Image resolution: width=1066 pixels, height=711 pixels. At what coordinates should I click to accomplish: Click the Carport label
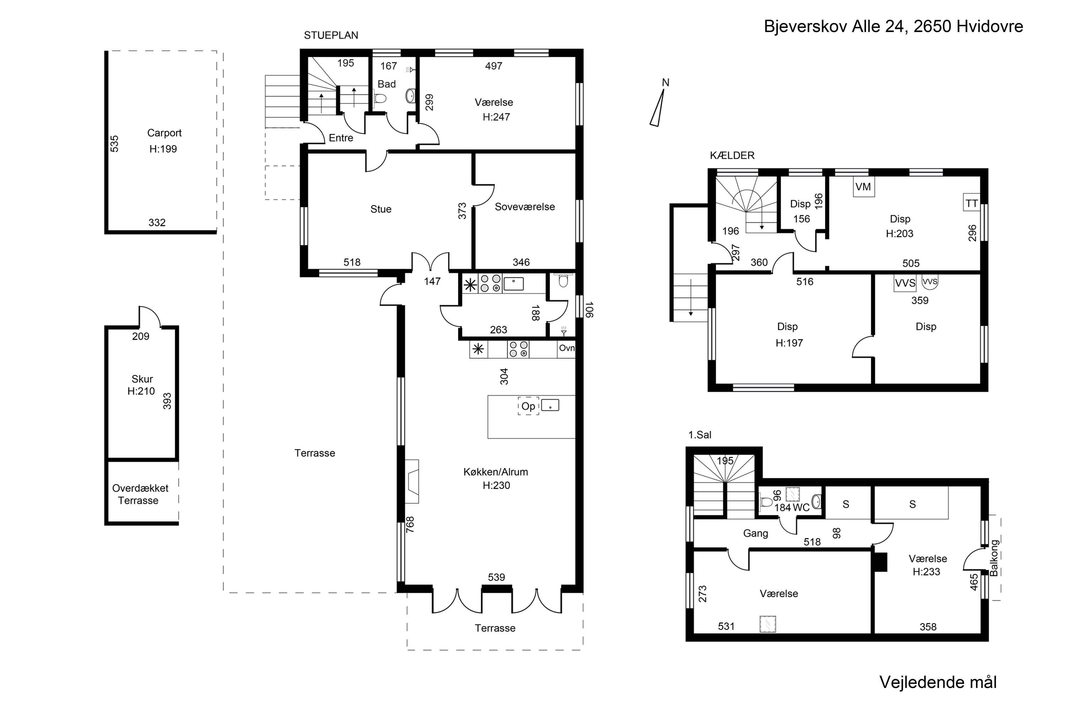164,133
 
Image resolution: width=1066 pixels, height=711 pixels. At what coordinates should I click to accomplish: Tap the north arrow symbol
658,107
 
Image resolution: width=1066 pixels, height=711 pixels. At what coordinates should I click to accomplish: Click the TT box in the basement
971,203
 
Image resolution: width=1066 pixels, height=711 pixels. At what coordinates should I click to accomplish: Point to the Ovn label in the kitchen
566,348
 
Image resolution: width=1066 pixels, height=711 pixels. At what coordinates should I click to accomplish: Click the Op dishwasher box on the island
528,406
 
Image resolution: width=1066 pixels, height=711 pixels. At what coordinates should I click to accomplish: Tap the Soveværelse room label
525,207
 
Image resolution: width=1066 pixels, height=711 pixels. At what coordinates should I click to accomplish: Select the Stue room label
381,209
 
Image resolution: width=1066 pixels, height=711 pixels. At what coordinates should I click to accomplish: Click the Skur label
142,379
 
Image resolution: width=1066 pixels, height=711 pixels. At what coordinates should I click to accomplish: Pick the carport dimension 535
115,143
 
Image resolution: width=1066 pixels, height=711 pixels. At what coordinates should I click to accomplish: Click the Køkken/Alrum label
496,472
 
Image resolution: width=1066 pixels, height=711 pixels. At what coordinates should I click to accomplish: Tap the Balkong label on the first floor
994,558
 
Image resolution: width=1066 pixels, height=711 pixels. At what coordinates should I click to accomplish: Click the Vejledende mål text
938,682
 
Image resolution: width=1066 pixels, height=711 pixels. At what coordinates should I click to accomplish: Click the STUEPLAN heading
331,35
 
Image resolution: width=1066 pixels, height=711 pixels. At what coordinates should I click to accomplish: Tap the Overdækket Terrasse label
140,494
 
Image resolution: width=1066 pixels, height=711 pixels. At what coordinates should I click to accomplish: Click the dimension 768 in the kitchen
410,525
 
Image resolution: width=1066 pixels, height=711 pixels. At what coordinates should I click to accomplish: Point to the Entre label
341,138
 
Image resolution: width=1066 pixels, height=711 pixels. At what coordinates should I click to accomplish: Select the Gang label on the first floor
755,534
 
